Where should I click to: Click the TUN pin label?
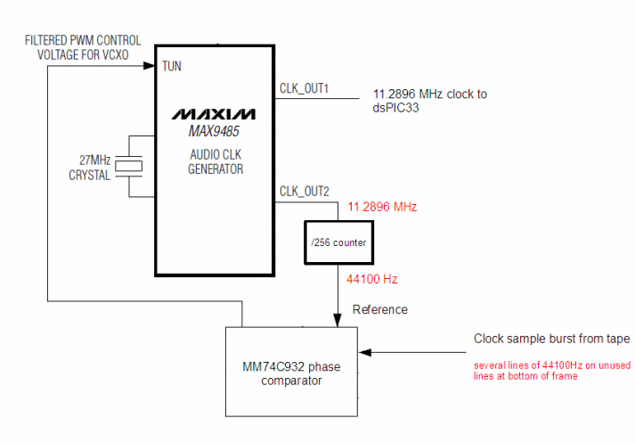click(x=172, y=66)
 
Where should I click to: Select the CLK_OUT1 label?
click(x=305, y=89)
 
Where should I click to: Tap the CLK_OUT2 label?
click(x=305, y=192)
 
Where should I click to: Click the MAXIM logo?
click(x=214, y=114)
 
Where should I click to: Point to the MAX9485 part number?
click(x=214, y=132)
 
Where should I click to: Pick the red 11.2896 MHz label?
click(x=382, y=207)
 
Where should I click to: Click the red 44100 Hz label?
click(x=372, y=279)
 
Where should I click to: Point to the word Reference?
click(x=380, y=309)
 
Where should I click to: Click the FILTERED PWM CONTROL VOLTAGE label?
click(x=81, y=48)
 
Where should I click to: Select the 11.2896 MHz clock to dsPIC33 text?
click(x=429, y=101)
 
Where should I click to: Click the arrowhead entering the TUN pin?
click(x=150, y=66)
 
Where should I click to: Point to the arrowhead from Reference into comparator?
click(x=338, y=321)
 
